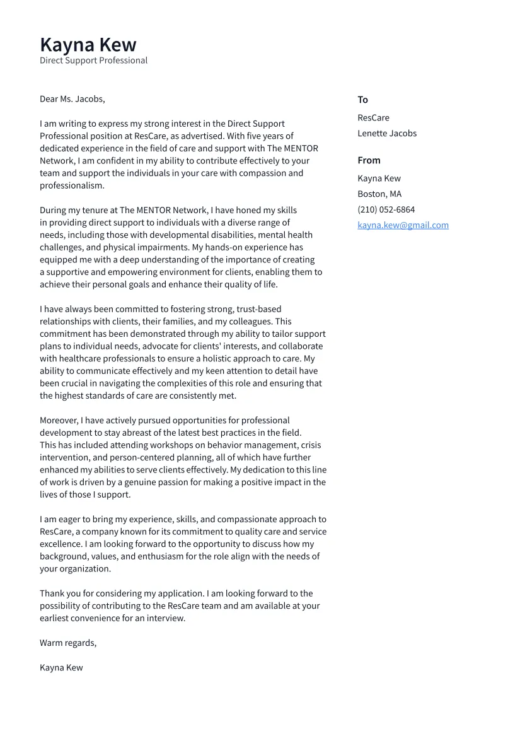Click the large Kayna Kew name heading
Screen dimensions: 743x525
click(88, 45)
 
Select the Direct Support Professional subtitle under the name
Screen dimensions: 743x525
click(93, 61)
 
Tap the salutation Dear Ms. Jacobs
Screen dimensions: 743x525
click(72, 99)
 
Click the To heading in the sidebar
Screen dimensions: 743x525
click(362, 100)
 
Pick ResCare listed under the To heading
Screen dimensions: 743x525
click(373, 118)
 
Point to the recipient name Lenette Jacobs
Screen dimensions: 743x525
click(387, 133)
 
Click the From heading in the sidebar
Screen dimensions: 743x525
click(369, 160)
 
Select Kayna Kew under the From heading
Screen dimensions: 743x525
click(379, 178)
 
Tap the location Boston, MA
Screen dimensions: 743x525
click(379, 194)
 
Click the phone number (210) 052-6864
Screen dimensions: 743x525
click(386, 209)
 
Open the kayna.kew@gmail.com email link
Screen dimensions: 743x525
click(403, 225)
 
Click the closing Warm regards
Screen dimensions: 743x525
click(68, 643)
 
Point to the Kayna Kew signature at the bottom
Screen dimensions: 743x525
click(61, 667)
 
